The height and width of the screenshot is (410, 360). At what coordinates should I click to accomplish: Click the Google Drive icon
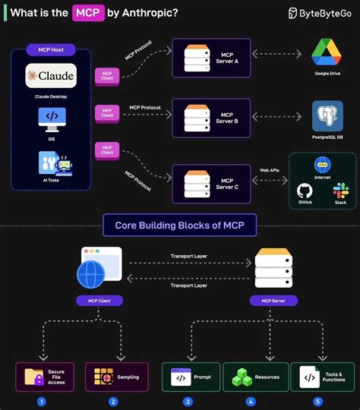[x=329, y=54]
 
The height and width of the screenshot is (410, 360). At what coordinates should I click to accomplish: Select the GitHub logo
[x=305, y=191]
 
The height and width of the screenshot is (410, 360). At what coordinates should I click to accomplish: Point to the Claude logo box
[x=51, y=77]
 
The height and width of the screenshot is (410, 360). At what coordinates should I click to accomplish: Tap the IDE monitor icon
[x=52, y=118]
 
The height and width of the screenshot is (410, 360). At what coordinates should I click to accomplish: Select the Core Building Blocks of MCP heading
[x=180, y=225]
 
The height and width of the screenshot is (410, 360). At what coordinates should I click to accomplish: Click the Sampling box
[x=113, y=377]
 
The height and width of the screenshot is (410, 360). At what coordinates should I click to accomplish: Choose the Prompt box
[x=191, y=377]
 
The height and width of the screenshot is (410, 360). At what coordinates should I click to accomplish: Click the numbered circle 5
[x=317, y=401]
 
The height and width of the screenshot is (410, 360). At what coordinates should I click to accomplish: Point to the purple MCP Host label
[x=51, y=49]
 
